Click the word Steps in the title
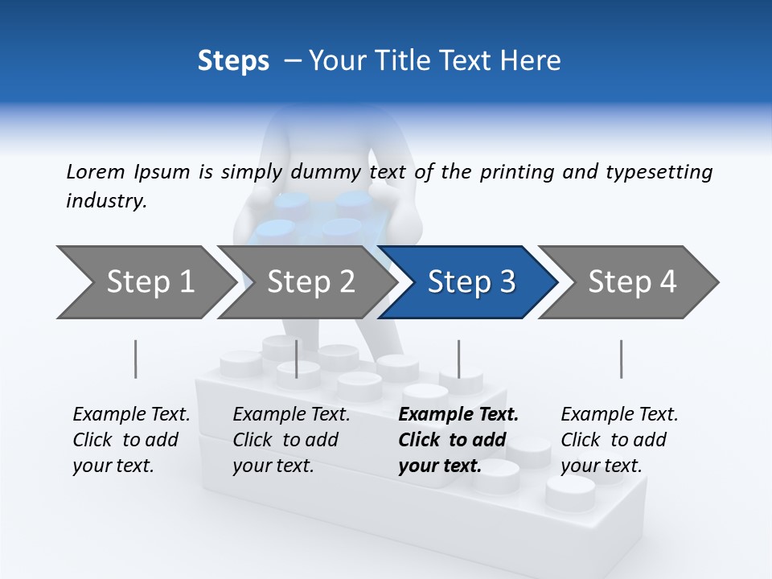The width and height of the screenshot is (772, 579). pyautogui.click(x=233, y=60)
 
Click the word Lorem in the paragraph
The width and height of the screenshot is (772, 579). pyautogui.click(x=95, y=171)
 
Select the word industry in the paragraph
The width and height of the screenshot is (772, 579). pyautogui.click(x=105, y=201)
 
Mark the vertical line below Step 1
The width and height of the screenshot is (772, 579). pyautogui.click(x=135, y=359)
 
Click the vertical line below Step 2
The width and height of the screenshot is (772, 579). pyautogui.click(x=297, y=359)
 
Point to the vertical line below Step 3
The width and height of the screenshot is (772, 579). pyautogui.click(x=458, y=359)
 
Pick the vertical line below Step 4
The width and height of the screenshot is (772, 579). pyautogui.click(x=621, y=359)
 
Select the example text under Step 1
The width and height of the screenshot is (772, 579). pyautogui.click(x=131, y=440)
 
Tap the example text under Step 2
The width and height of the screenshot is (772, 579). pyautogui.click(x=291, y=440)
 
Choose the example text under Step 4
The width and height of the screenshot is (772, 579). pyautogui.click(x=619, y=440)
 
